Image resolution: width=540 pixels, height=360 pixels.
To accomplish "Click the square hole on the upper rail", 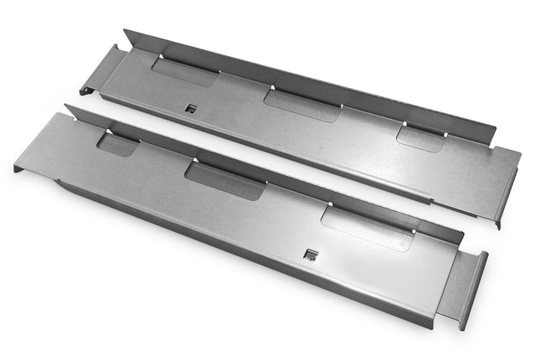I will pyautogui.click(x=191, y=108).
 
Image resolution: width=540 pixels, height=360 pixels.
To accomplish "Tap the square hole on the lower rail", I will pyautogui.click(x=311, y=255).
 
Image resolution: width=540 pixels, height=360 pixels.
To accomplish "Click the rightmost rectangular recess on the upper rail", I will pyautogui.click(x=420, y=137).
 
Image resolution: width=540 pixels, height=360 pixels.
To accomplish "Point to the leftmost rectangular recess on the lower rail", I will pyautogui.click(x=117, y=144).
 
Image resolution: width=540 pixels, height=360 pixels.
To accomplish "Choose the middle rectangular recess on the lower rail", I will pyautogui.click(x=224, y=180).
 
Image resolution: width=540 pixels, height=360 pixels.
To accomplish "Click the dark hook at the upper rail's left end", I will pyautogui.click(x=85, y=90).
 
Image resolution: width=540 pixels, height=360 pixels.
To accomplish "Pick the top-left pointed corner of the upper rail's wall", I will pyautogui.click(x=125, y=31).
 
